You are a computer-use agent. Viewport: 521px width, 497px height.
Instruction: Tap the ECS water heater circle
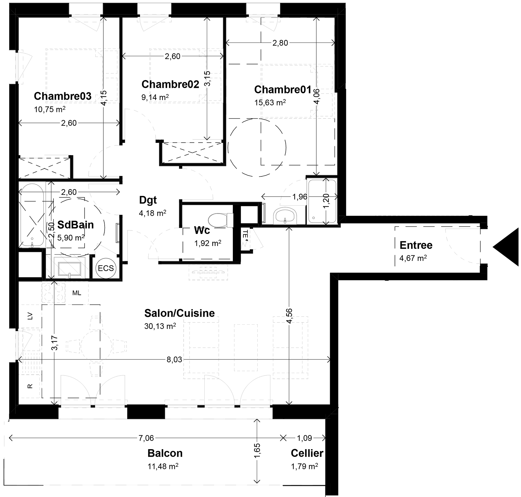coord(106,268)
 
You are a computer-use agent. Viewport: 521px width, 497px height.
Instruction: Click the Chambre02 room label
coord(170,84)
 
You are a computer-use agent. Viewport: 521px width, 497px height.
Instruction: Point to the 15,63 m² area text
coord(270,103)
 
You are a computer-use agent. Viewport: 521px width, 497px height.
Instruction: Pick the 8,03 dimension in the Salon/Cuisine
coord(174,360)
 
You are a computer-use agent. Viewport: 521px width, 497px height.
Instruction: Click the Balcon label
coord(165,453)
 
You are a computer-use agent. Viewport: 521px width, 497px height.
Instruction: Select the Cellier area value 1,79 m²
coord(304,466)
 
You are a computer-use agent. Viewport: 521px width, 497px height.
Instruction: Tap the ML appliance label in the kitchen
coord(77,293)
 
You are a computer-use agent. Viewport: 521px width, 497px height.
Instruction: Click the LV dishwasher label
coord(30,316)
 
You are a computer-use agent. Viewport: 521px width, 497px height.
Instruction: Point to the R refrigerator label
coord(30,386)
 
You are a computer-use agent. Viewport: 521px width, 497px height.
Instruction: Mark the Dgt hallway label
coord(148,200)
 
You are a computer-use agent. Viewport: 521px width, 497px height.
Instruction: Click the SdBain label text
coord(75,225)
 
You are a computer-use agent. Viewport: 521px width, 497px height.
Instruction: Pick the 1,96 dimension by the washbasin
coord(300,197)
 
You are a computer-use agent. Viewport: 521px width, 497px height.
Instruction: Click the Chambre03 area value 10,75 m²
coord(50,109)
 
